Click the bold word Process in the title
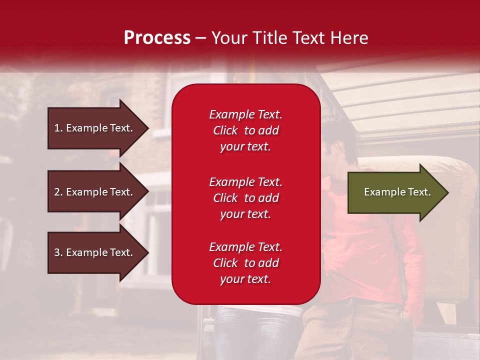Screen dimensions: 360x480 157,38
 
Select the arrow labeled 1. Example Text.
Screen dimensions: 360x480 95,128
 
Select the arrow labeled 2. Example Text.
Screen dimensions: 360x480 95,192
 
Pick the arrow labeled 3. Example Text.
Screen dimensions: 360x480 95,252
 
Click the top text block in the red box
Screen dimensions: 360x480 245,130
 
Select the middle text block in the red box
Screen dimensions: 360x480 245,198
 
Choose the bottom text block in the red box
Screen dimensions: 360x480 245,263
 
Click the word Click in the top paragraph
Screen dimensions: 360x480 225,130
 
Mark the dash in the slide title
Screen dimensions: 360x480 200,38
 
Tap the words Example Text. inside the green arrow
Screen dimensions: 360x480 397,192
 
